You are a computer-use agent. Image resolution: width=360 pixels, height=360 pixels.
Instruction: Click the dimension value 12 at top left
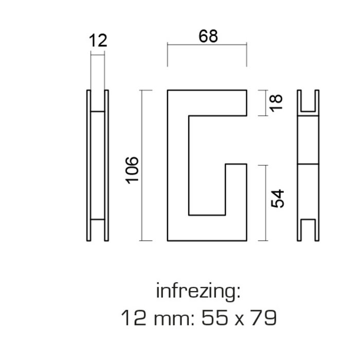[98, 41]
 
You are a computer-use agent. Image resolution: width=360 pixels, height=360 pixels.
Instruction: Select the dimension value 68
[207, 37]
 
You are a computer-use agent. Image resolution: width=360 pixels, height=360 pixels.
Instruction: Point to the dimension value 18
[277, 102]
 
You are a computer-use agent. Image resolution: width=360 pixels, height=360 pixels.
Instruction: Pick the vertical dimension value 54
[277, 199]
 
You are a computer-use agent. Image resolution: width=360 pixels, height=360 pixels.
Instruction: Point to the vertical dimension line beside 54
[264, 203]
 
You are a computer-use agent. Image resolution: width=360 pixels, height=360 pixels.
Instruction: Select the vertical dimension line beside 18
[264, 103]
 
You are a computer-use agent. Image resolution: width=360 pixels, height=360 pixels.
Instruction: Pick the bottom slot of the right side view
[308, 230]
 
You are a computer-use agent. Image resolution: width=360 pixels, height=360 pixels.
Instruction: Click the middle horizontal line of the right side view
[308, 165]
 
